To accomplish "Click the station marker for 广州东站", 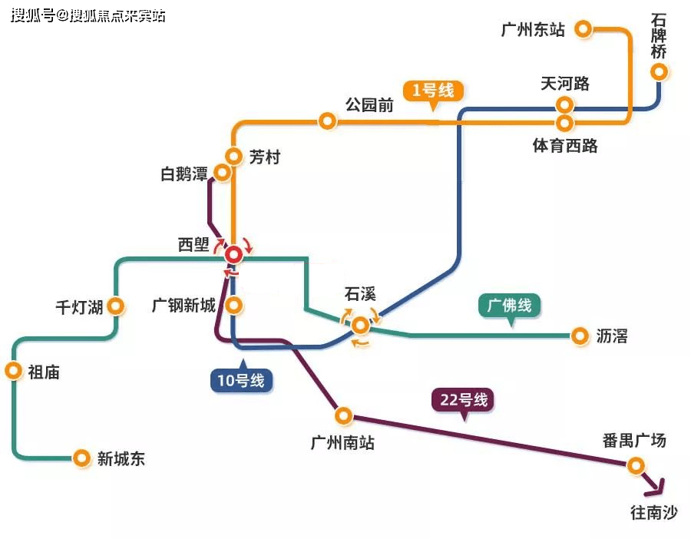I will (x=584, y=29).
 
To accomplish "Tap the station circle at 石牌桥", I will (x=659, y=72).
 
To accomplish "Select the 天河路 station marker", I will (x=565, y=104).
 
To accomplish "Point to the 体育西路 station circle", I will (x=565, y=122).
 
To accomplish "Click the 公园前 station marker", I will (x=327, y=121).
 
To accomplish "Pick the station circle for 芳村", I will (x=234, y=156).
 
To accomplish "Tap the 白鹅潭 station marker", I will (x=222, y=173).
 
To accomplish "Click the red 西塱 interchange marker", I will (x=233, y=253).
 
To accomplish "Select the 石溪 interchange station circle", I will (x=359, y=326).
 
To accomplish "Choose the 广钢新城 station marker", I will (x=234, y=305).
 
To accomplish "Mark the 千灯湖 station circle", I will (x=117, y=306).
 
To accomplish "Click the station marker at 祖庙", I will (x=13, y=371).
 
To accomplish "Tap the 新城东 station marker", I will (x=81, y=458).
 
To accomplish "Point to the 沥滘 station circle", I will (x=579, y=335).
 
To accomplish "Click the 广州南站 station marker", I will (x=343, y=416).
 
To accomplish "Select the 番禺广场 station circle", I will (x=635, y=465).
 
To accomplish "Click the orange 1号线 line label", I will (x=433, y=91).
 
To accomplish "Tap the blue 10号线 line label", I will (x=241, y=379).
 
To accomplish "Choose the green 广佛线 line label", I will (x=511, y=306).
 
